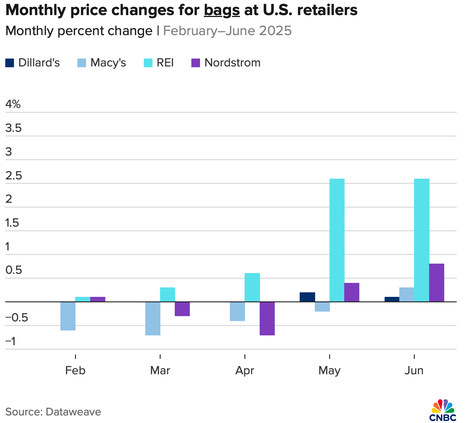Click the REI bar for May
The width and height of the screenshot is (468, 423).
[337, 240]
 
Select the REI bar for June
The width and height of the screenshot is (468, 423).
[422, 240]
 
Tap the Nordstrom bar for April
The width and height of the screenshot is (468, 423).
[267, 318]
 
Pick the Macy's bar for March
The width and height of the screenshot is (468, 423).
[153, 318]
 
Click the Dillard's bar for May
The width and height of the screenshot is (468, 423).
[307, 297]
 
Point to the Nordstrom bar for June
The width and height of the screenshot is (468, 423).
[437, 283]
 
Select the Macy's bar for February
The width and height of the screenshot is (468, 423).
[68, 316]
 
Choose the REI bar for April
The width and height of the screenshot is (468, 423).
[252, 287]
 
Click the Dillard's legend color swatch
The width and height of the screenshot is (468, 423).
[10, 63]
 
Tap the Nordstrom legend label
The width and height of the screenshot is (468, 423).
[232, 63]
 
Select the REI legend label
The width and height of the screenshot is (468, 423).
[165, 63]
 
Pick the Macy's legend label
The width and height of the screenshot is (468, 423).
[108, 63]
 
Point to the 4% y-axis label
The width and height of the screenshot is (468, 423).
[13, 104]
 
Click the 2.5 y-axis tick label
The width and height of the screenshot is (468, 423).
[14, 176]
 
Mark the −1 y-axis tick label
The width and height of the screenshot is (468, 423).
[11, 341]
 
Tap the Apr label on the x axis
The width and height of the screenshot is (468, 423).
[245, 370]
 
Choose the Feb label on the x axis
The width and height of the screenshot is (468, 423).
[75, 370]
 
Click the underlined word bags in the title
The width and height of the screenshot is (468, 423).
[222, 11]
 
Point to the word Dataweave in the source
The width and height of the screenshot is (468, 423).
[73, 411]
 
